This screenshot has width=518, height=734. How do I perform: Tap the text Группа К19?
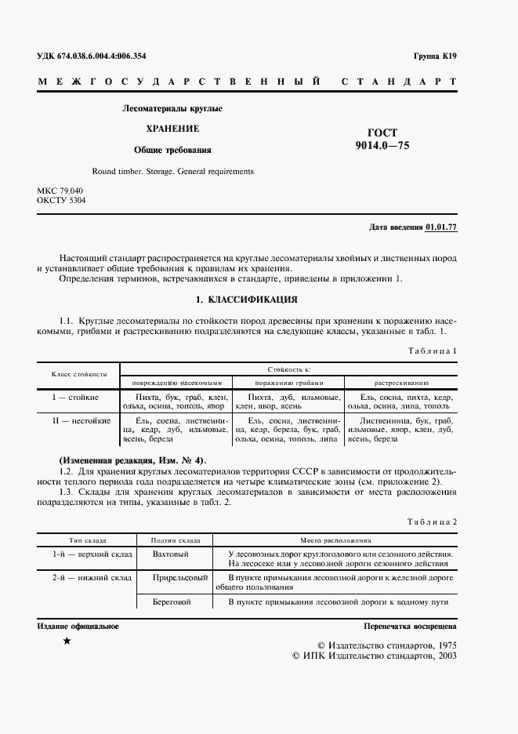point(435,56)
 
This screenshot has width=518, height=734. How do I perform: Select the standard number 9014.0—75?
point(382,145)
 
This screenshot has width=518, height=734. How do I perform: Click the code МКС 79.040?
point(60,191)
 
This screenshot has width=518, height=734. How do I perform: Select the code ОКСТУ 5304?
point(62,201)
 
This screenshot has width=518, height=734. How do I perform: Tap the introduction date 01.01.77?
point(441,227)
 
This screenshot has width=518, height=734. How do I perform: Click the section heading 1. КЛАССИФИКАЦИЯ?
point(246,299)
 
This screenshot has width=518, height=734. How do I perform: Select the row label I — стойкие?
point(75,398)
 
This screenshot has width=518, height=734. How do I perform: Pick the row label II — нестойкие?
point(75,422)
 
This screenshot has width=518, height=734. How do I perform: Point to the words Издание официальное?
point(78,626)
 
